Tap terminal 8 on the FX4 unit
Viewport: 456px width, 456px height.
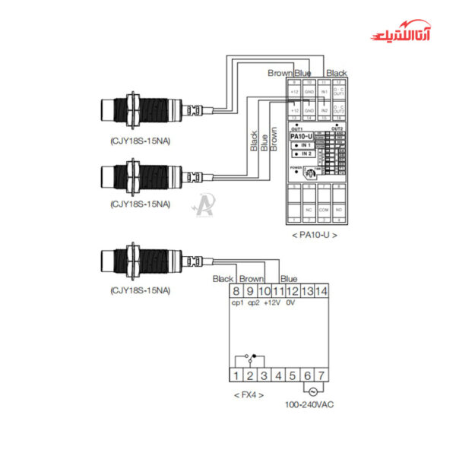click(236, 290)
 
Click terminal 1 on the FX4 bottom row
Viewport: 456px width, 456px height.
click(236, 375)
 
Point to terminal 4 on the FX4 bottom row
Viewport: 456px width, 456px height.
click(279, 375)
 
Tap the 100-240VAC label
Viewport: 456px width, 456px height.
click(309, 404)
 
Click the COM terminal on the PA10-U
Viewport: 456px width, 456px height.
click(324, 209)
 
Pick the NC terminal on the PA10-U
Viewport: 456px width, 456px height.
click(309, 209)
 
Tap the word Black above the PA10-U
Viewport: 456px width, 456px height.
click(336, 73)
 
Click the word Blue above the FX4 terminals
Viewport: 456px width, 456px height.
click(289, 279)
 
